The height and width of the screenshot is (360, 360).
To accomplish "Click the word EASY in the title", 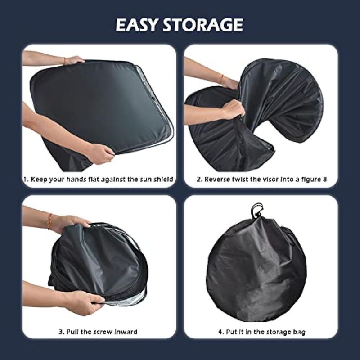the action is click(x=137, y=25).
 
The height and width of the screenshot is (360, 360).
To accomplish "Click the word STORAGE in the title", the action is click(x=203, y=25).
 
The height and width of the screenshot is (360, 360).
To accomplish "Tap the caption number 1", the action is click(x=26, y=179).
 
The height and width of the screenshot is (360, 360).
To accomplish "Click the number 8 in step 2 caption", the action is click(x=324, y=179).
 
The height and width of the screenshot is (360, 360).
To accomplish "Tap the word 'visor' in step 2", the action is click(x=270, y=179).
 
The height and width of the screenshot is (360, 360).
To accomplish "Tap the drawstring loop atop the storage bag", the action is click(x=256, y=210).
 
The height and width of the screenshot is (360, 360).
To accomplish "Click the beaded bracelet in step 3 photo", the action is click(x=49, y=221).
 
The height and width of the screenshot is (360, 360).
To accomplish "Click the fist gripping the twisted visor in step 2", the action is click(x=232, y=110).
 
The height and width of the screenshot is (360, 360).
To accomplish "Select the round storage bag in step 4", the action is click(x=256, y=266).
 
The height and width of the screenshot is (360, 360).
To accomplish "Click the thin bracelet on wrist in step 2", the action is click(x=221, y=79).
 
